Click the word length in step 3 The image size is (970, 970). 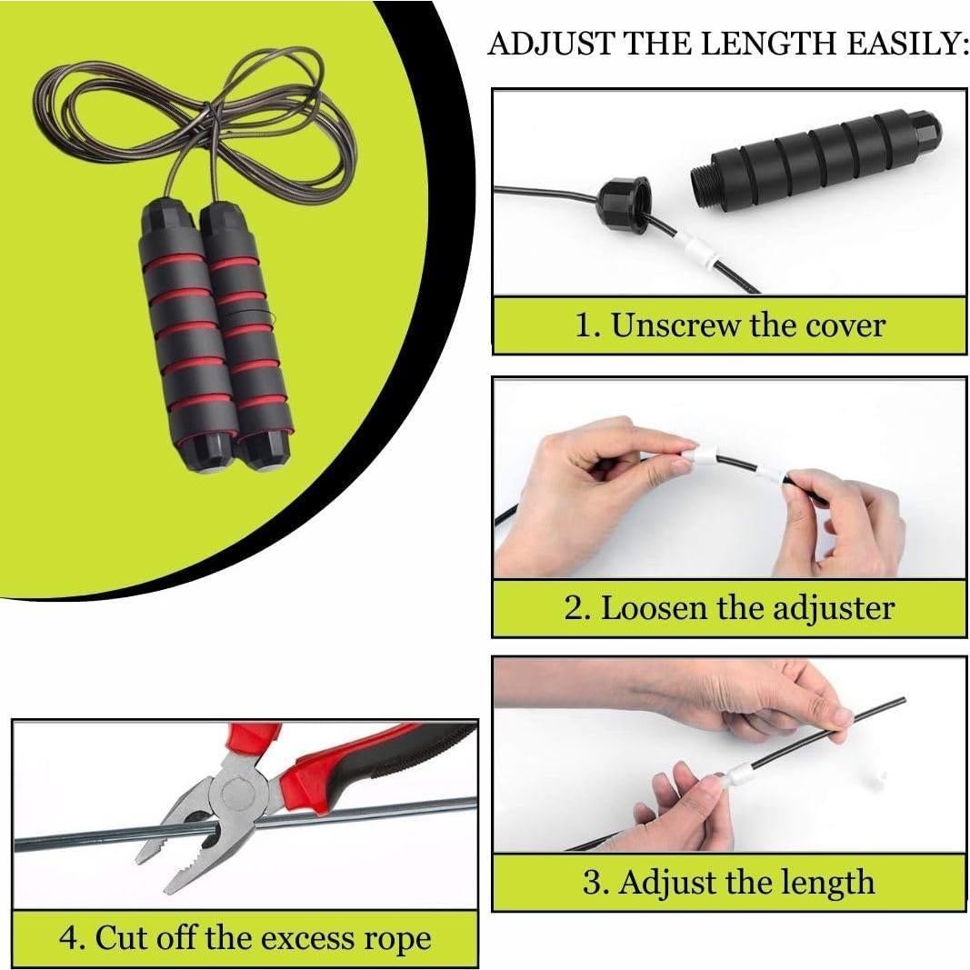(x=826, y=883)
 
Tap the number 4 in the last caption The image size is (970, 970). (x=69, y=937)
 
